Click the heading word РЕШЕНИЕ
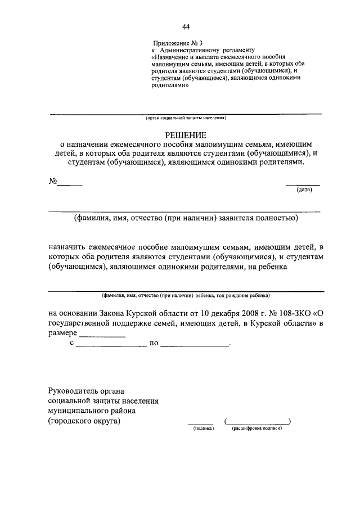point(186,135)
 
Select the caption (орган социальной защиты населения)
point(186,119)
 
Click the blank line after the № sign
point(70,184)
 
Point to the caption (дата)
point(304,190)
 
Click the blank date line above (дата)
point(303,184)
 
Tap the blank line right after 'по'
point(195,345)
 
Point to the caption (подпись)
point(201,428)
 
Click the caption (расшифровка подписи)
point(256,428)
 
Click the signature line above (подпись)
point(200,422)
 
